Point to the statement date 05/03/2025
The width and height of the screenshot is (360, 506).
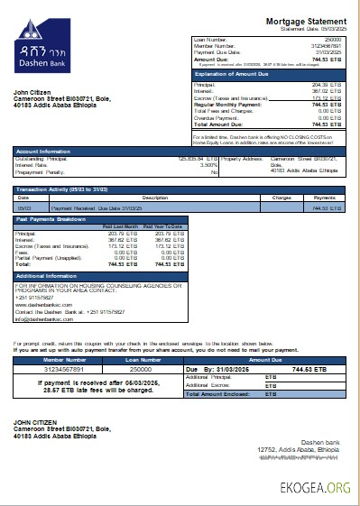tap(330, 29)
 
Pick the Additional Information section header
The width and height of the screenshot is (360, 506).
tap(50, 275)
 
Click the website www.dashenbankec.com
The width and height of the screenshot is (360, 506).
tap(41, 305)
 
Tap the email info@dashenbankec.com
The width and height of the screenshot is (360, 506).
tap(43, 319)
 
